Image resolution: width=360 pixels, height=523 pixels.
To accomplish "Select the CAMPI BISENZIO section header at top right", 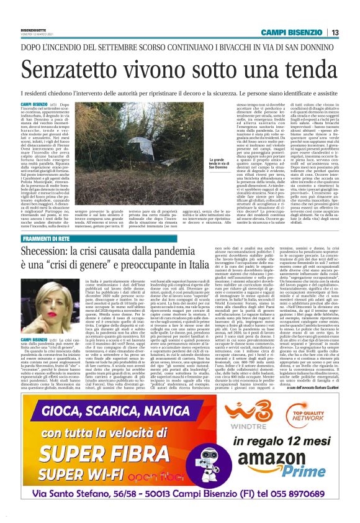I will [x=292, y=32].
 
